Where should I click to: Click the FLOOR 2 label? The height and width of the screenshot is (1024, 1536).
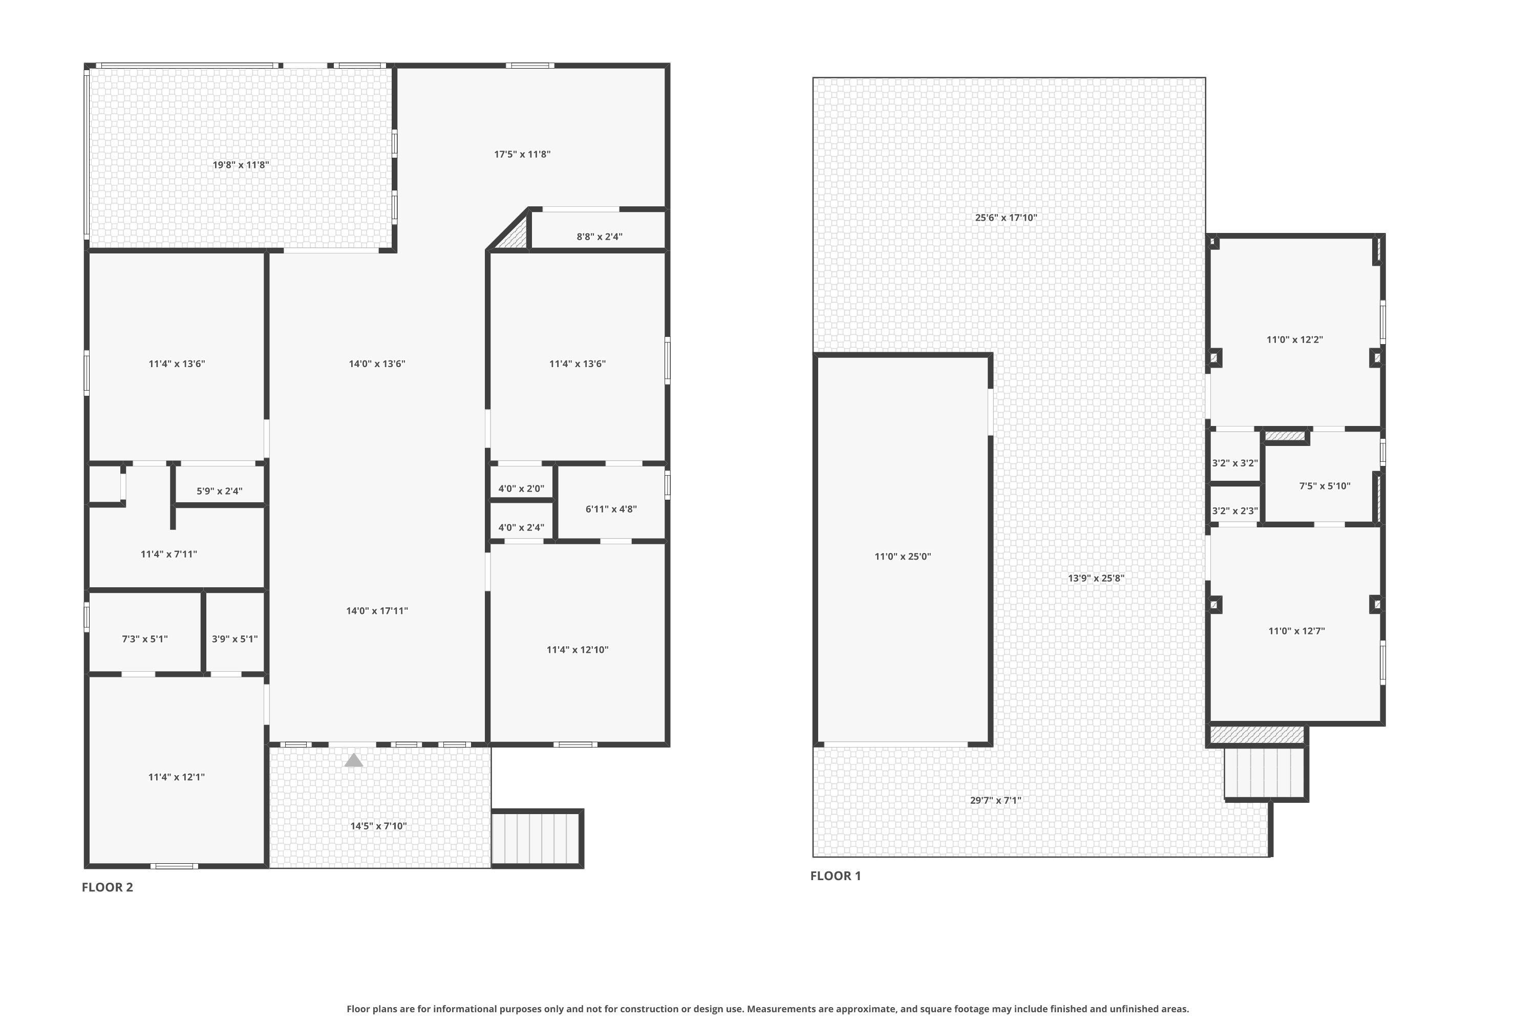coord(107,887)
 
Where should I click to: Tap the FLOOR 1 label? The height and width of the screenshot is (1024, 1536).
coord(835,876)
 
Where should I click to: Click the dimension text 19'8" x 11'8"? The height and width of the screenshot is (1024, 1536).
coord(240,164)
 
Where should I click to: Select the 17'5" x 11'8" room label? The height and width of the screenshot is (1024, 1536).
coord(522,154)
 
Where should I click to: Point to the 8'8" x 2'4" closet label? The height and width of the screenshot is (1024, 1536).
coord(599,237)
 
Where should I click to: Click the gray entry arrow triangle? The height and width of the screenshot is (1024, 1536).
coord(353,760)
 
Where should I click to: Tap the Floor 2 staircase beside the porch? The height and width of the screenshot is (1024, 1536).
coord(537,839)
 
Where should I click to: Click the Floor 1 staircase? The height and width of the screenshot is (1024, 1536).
coord(1265,773)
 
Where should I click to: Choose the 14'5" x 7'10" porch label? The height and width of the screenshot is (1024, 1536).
coord(378,826)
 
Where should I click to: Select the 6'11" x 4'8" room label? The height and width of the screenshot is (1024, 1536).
coord(611,509)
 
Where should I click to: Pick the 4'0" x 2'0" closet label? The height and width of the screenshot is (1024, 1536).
coord(521,488)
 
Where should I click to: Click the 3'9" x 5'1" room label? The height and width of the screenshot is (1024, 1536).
coord(234,638)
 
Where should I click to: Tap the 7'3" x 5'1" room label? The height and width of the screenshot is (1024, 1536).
coord(144,638)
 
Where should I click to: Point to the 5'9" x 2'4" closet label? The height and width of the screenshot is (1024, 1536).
coord(220,491)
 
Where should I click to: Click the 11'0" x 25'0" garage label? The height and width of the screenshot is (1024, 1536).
coord(903,557)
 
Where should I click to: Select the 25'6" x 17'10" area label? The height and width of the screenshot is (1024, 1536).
coord(1006,218)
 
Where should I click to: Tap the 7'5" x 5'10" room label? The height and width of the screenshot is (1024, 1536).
coord(1325,486)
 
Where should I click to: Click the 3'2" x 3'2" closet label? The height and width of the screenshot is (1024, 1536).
coord(1234,463)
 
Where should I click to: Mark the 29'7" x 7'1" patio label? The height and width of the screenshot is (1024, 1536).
coord(995,800)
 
